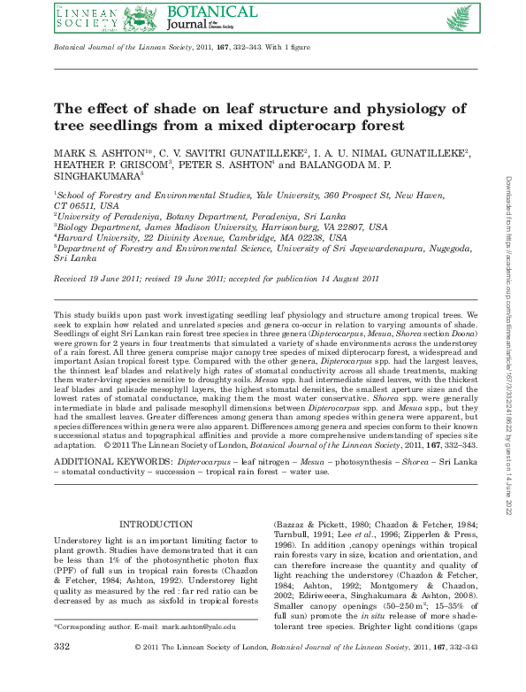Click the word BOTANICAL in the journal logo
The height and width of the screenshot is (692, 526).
[x=210, y=12]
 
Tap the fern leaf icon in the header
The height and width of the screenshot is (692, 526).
[x=459, y=17]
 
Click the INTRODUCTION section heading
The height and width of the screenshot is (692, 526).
[x=156, y=525]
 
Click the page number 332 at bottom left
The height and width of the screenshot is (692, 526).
[x=62, y=673]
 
